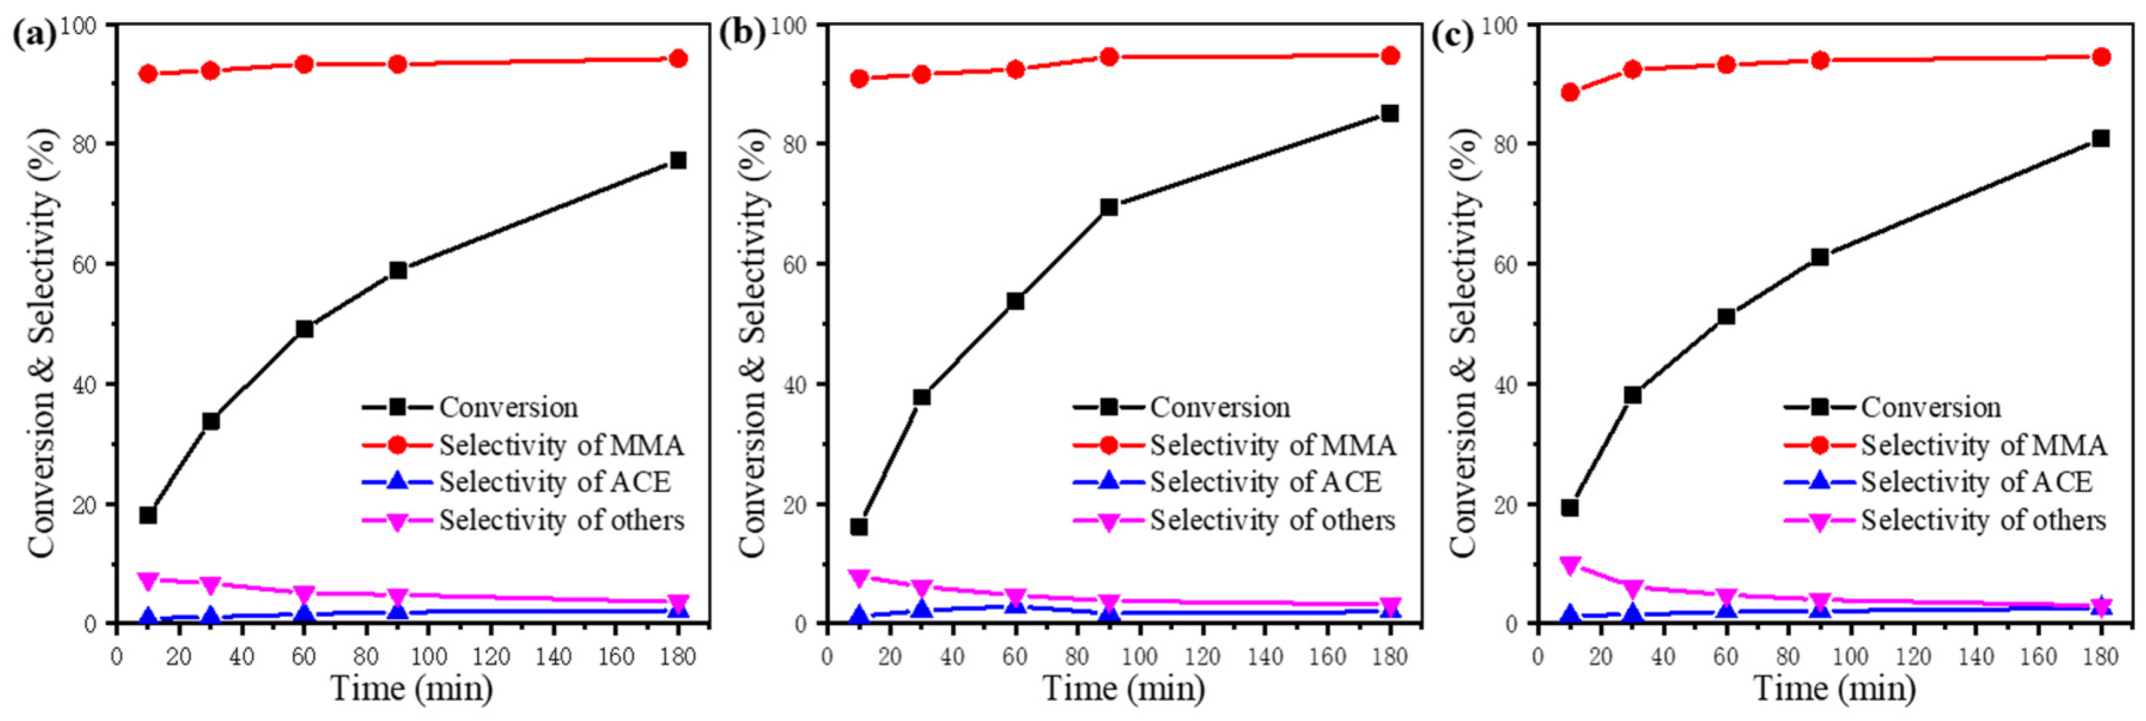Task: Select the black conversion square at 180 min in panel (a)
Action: click(x=678, y=160)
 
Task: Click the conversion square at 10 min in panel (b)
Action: click(x=859, y=527)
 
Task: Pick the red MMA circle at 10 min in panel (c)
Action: click(x=1570, y=92)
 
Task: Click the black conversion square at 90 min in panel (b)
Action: click(x=1109, y=207)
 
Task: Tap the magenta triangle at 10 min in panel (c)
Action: click(x=1570, y=566)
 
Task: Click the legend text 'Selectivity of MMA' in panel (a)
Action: click(x=562, y=445)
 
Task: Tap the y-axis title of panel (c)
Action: click(x=1465, y=342)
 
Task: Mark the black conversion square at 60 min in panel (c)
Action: click(x=1726, y=317)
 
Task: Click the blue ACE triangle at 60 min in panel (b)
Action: click(x=1015, y=606)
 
